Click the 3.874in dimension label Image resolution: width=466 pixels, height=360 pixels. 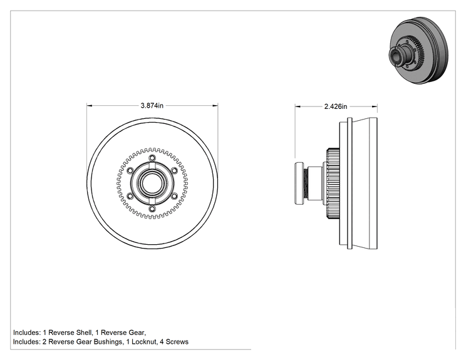point(152,105)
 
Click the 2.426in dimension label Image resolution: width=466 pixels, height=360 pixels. point(336,106)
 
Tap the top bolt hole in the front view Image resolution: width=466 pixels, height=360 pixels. point(152,157)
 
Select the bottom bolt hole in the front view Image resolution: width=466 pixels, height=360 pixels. point(152,209)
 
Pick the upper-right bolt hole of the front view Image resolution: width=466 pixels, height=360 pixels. point(175,170)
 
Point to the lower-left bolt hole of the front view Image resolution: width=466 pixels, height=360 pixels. point(130,196)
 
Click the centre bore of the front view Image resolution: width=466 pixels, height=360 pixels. point(152,183)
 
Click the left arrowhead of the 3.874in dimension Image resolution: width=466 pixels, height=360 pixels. point(90,105)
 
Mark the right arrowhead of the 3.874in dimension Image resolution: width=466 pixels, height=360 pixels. point(215,105)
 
